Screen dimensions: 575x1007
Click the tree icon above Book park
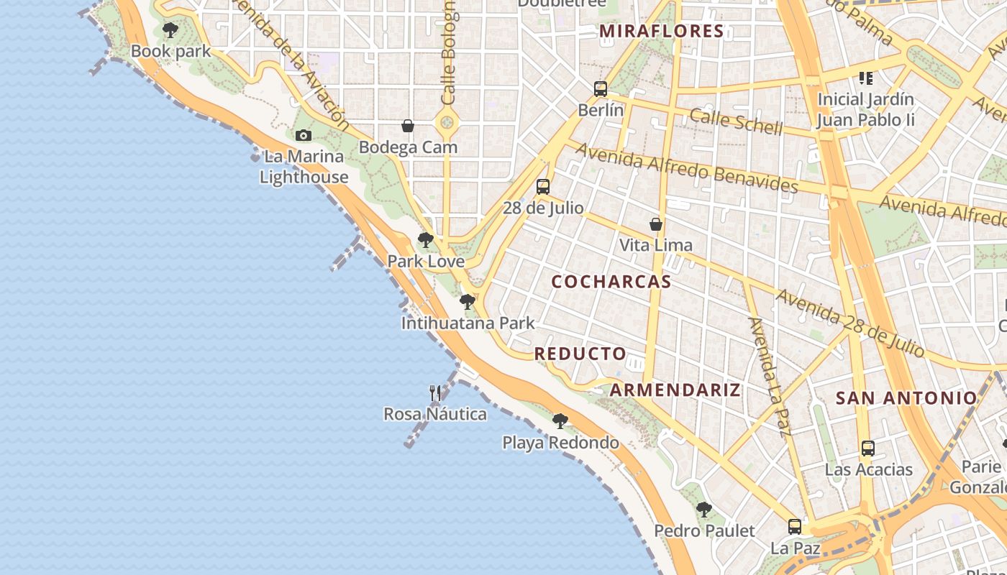coord(170,30)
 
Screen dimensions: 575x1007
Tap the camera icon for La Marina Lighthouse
coord(304,135)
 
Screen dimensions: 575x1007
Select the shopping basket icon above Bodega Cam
coord(408,126)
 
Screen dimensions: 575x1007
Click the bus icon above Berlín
coord(601,89)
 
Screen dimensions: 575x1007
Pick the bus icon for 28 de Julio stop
coord(543,187)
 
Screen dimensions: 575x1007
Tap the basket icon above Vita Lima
coord(656,224)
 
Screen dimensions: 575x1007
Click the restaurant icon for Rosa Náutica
coord(435,393)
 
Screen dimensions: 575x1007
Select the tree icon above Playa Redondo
coord(560,421)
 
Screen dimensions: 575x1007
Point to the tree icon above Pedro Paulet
coord(704,510)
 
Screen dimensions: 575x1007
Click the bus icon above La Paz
coord(795,527)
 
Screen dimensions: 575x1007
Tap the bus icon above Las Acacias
coord(868,448)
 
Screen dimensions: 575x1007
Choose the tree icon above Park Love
coord(426,240)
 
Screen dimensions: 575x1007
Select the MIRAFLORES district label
coord(661,31)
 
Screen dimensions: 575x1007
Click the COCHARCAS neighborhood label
coord(611,282)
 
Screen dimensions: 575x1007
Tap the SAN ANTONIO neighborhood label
coord(906,397)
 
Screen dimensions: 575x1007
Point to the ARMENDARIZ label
coord(675,390)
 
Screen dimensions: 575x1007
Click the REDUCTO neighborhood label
coord(580,354)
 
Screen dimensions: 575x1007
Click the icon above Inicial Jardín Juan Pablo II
coord(866,78)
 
